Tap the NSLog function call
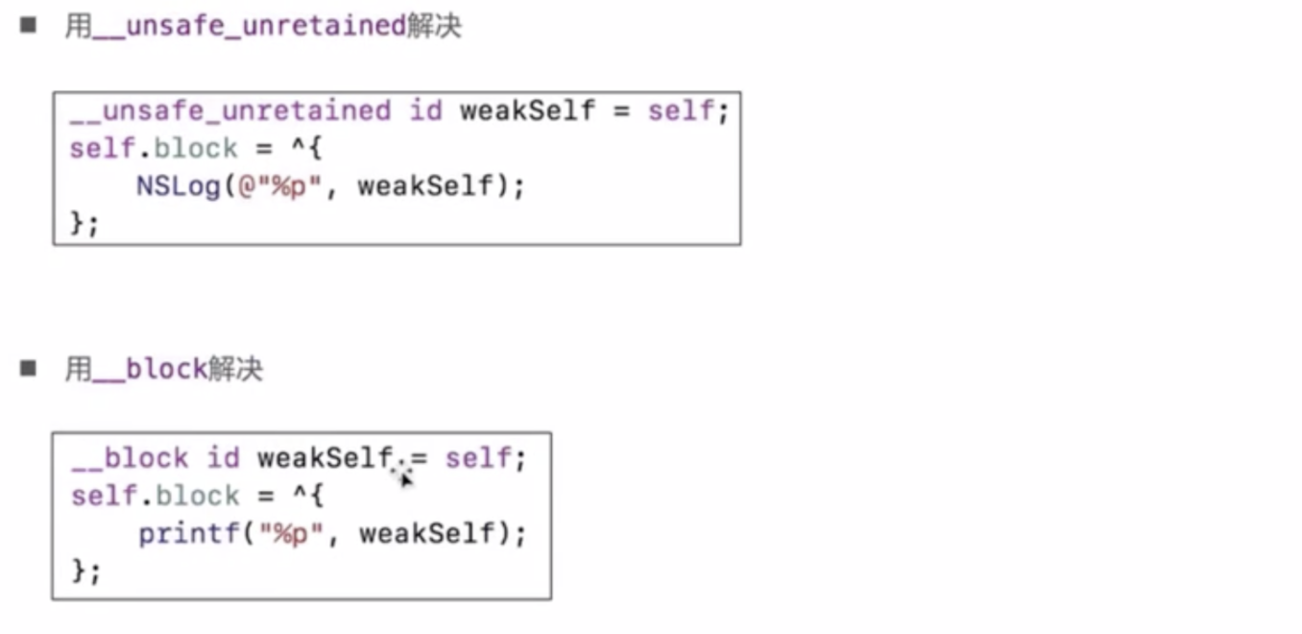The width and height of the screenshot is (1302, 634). pyautogui.click(x=178, y=185)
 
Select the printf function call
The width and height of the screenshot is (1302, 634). pyautogui.click(x=188, y=533)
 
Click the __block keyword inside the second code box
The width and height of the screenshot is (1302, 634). pyautogui.click(x=128, y=458)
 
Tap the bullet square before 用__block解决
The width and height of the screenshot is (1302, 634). pyautogui.click(x=28, y=368)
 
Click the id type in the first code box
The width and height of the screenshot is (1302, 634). pyautogui.click(x=425, y=111)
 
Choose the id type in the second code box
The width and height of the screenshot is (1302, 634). pyautogui.click(x=223, y=458)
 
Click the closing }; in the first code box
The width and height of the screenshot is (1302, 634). pyautogui.click(x=84, y=223)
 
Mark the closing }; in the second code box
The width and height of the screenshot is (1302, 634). pyautogui.click(x=85, y=571)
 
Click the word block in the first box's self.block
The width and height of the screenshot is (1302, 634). pyautogui.click(x=196, y=149)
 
